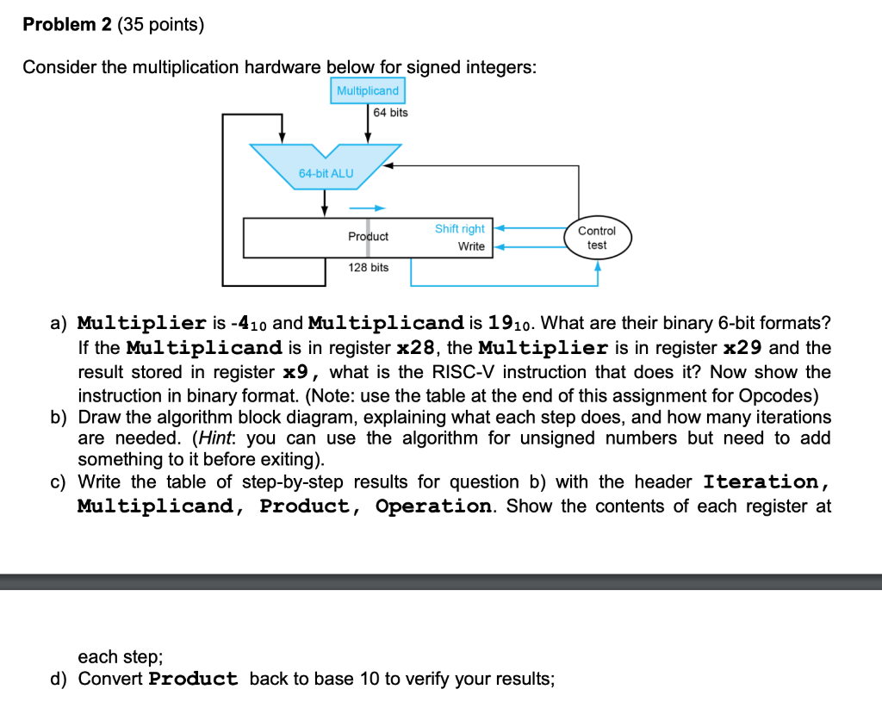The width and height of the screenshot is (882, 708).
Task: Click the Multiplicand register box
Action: (368, 90)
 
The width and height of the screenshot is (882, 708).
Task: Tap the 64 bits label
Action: (391, 113)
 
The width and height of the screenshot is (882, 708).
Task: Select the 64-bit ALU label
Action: (326, 173)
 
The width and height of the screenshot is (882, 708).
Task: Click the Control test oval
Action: (597, 238)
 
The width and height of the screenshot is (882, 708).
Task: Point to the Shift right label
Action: (459, 229)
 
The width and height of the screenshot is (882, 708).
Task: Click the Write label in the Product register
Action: (471, 246)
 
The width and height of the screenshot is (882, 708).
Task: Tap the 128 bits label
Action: (368, 268)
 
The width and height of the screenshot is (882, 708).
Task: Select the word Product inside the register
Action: (368, 236)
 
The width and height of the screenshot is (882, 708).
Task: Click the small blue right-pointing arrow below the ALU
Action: (367, 208)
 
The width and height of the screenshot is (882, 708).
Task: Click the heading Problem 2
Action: (71, 25)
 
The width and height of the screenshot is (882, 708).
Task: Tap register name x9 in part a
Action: (302, 372)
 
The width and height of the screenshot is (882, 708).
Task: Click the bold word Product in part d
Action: (193, 679)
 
